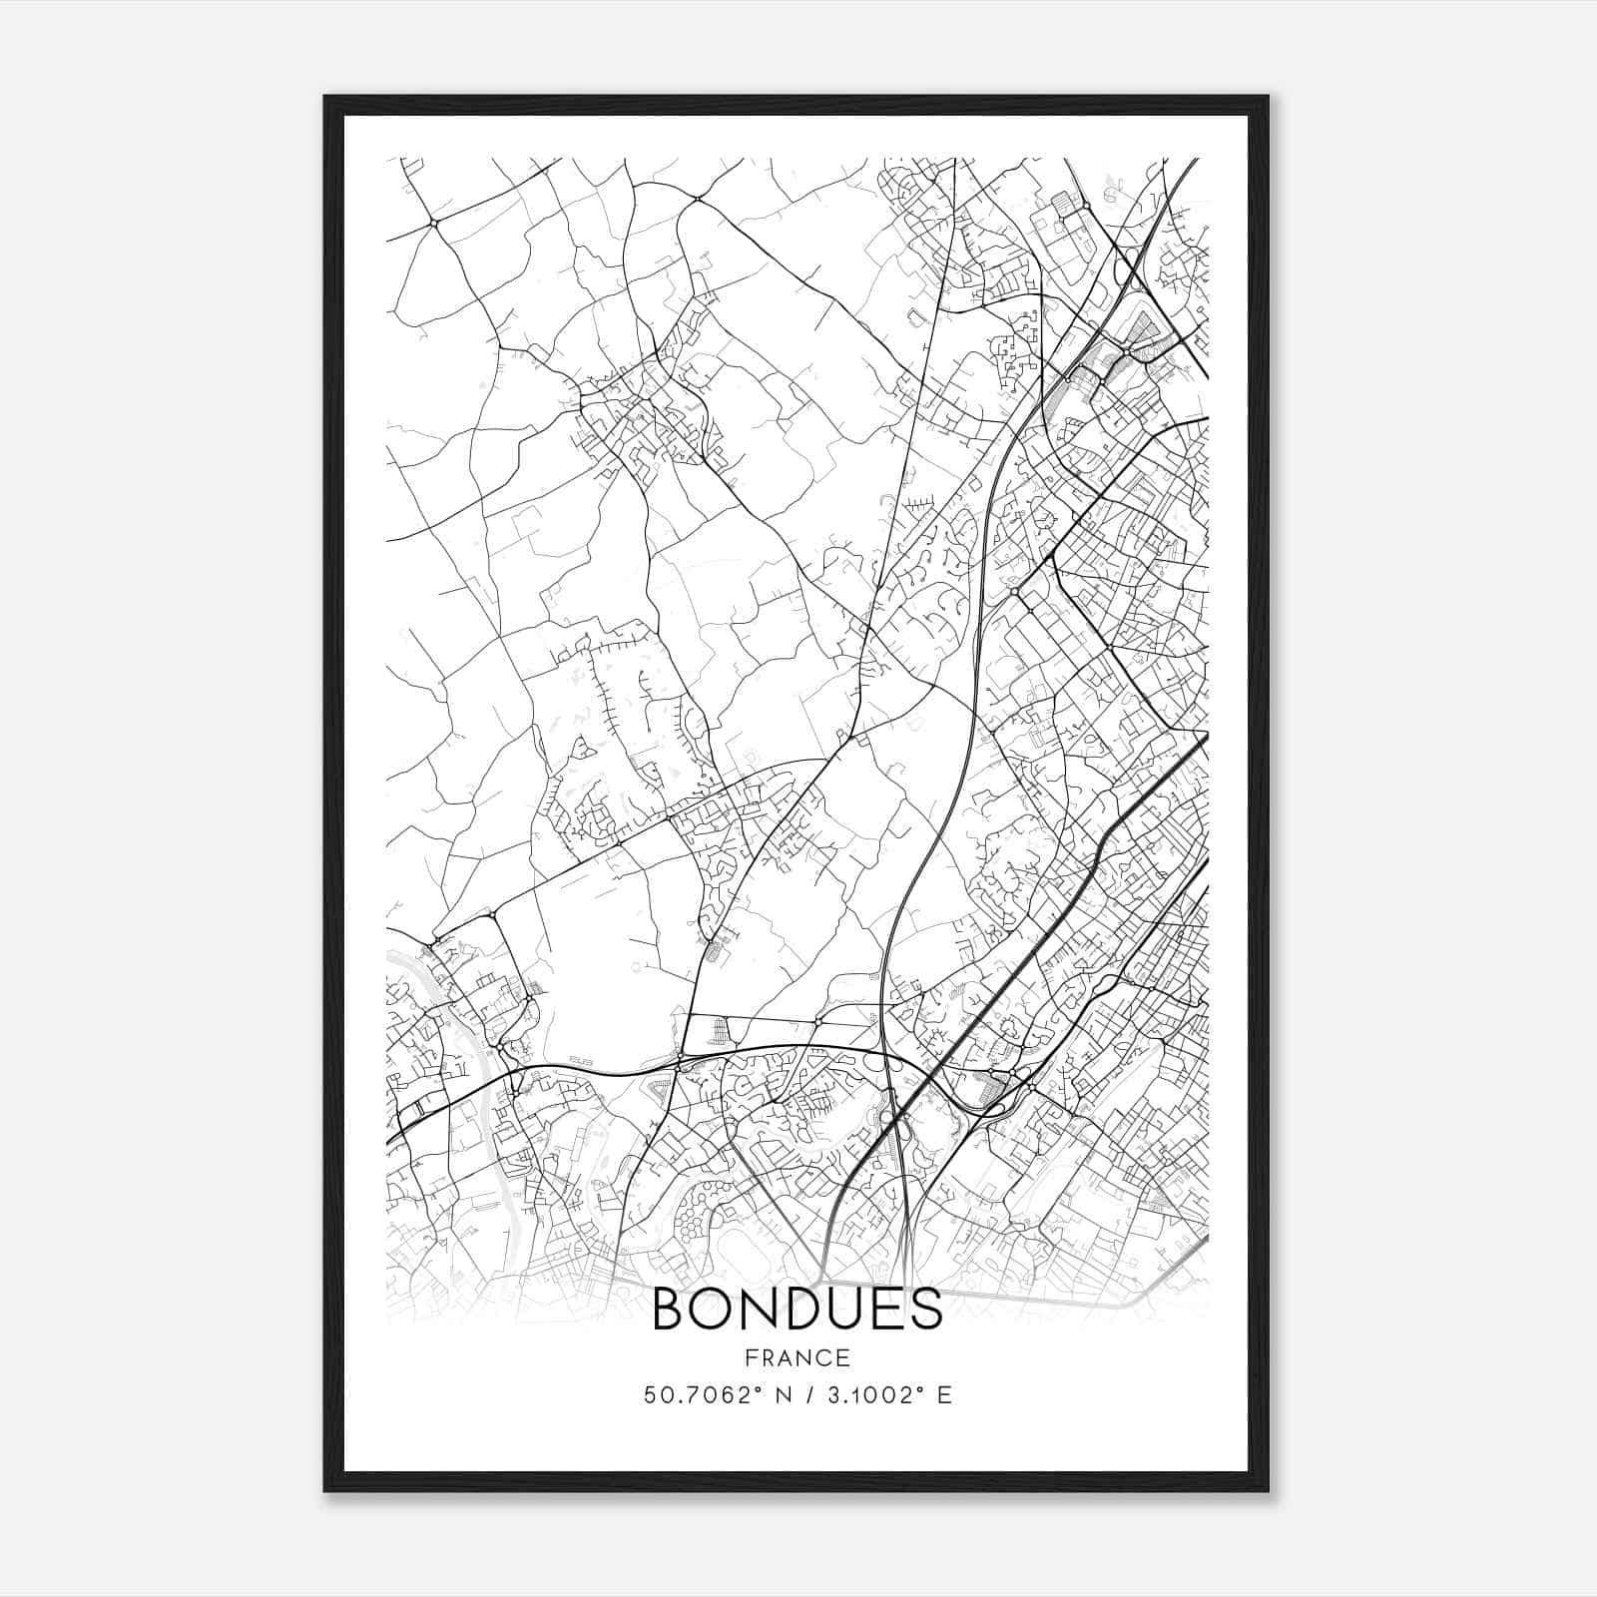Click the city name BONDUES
(797, 1310)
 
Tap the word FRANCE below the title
(797, 1357)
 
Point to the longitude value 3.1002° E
(884, 1394)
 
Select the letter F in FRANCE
(748, 1357)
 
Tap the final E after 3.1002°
(944, 1394)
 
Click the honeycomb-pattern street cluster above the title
(699, 1213)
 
